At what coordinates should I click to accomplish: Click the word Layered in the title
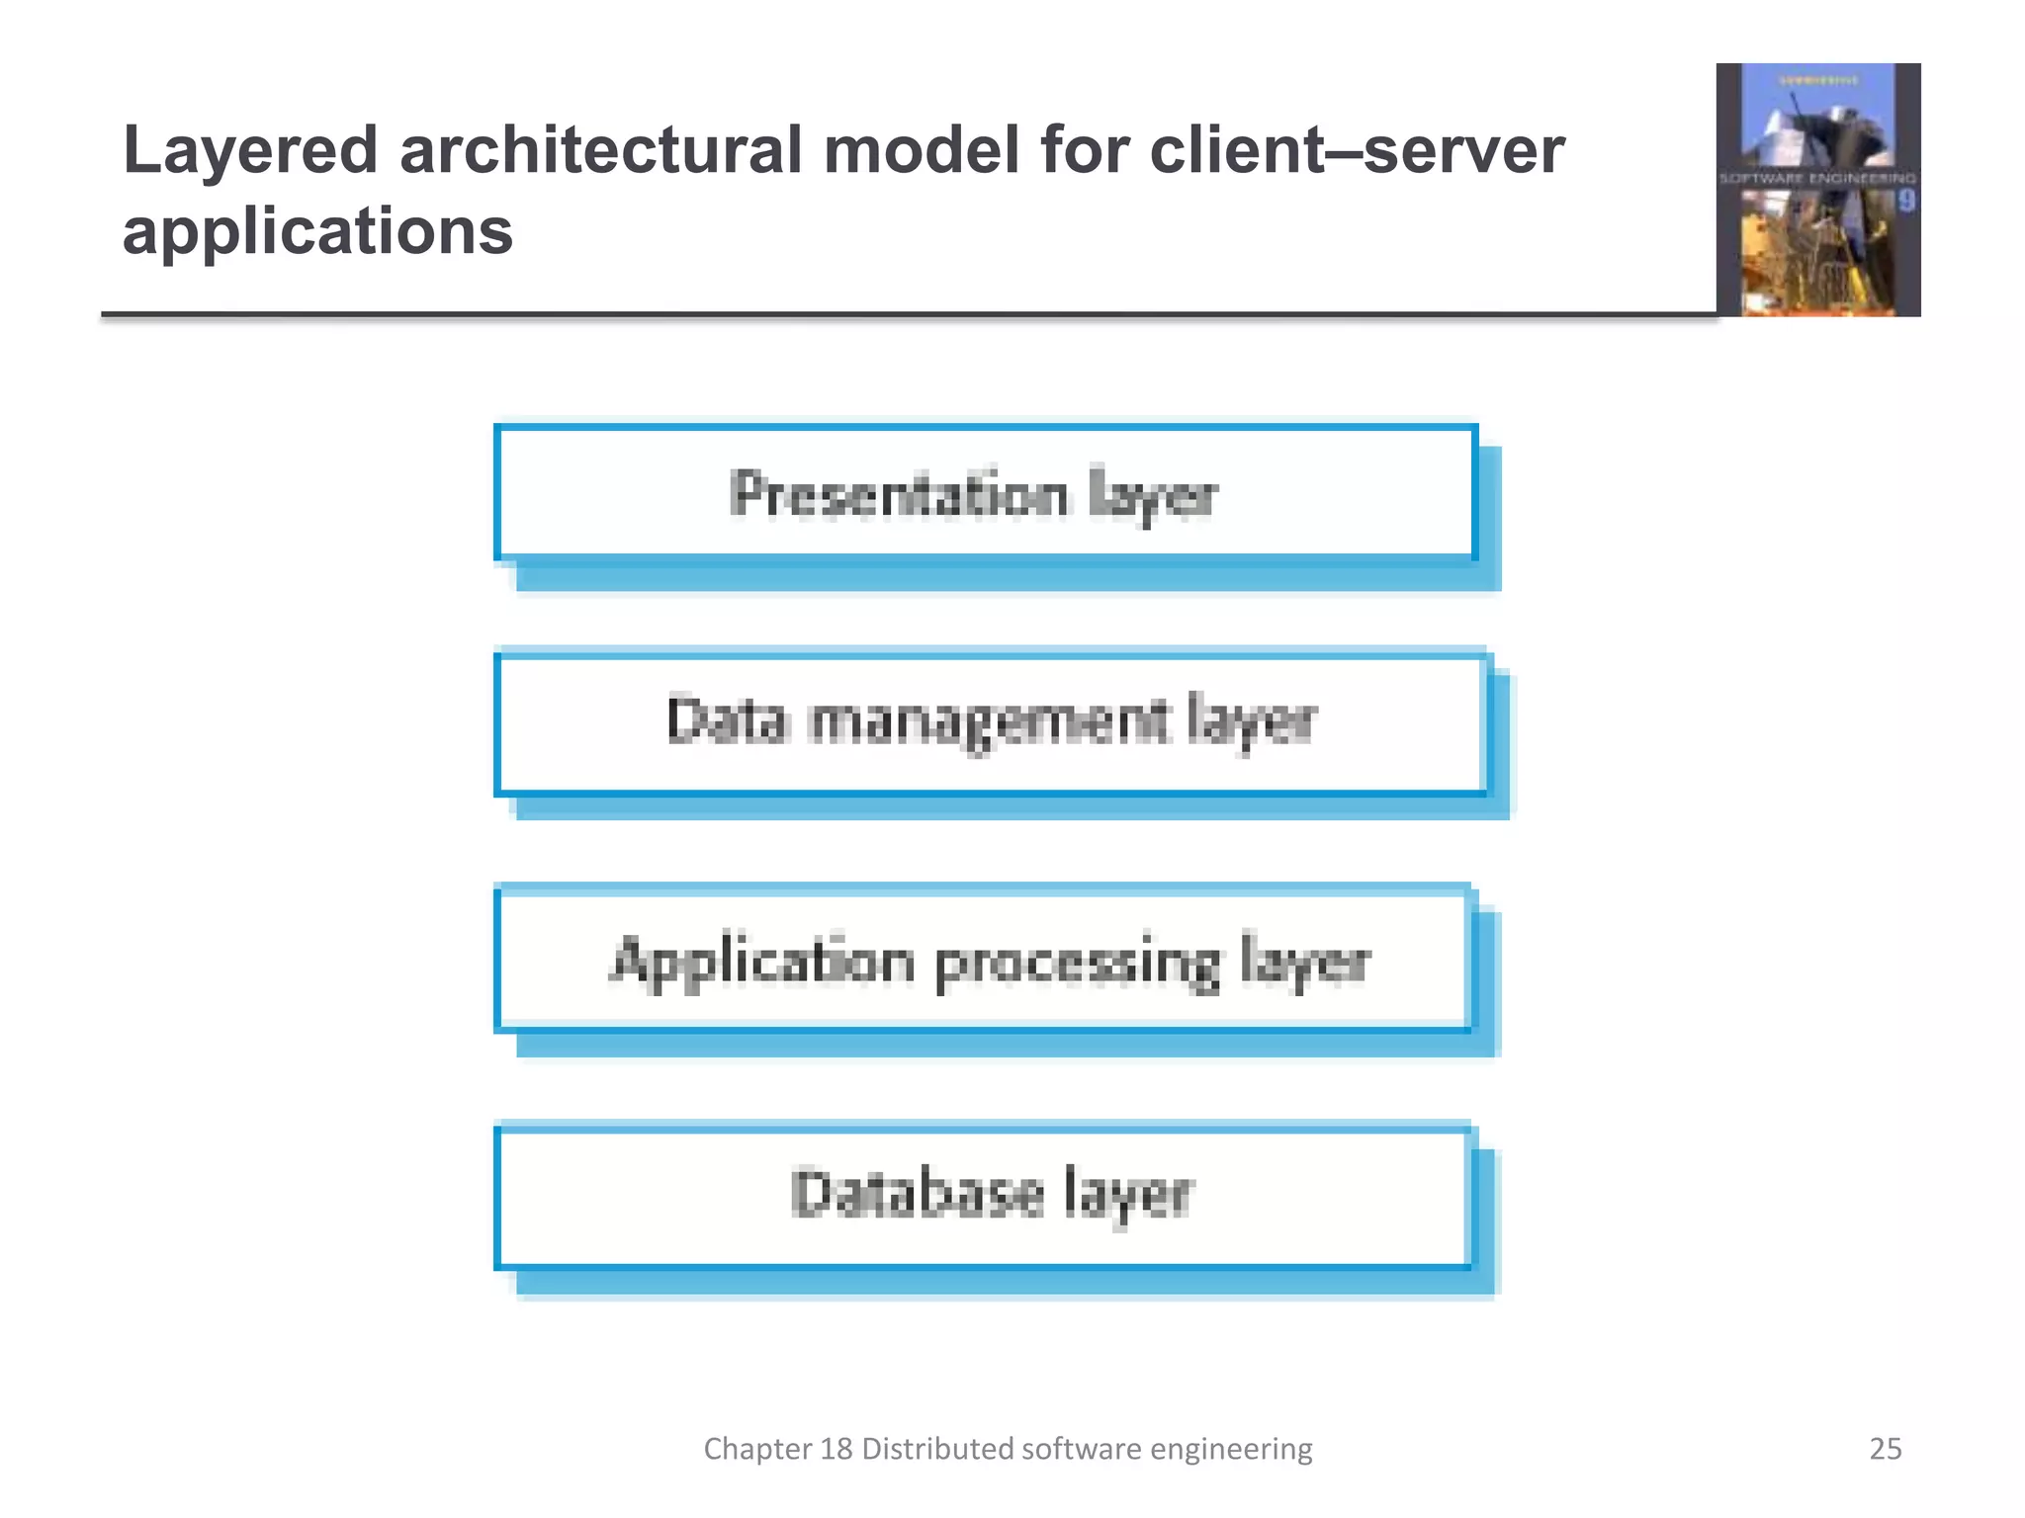click(250, 151)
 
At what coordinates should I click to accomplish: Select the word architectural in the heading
click(600, 151)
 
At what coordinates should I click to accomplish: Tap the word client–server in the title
click(1357, 151)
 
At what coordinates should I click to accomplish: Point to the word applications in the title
click(317, 232)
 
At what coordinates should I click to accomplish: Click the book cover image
click(1817, 190)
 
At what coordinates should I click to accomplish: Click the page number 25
click(1885, 1449)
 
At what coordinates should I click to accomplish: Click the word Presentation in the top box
click(899, 494)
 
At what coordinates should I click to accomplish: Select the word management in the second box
click(989, 721)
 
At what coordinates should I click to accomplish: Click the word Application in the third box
click(761, 961)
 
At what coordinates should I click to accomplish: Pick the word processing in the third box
click(1077, 963)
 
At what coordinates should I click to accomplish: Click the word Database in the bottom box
click(917, 1194)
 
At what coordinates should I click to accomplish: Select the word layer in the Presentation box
click(1152, 496)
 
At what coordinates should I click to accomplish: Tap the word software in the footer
click(1082, 1449)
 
